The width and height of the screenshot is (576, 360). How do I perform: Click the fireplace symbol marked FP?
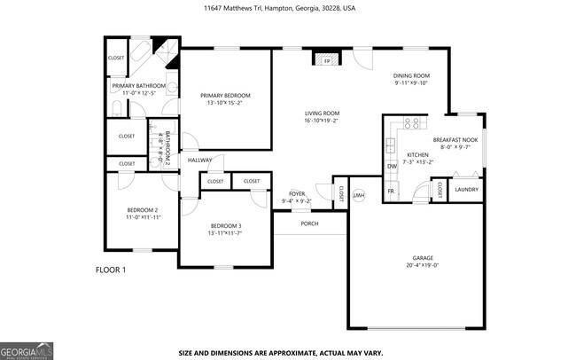(325, 62)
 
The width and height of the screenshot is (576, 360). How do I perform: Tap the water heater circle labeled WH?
(359, 195)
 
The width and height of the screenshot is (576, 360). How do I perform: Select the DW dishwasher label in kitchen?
(391, 166)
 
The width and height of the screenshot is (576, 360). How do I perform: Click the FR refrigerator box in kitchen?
(390, 191)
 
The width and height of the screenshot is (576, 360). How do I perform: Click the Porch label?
(309, 223)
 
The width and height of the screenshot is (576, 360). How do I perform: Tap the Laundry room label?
(466, 190)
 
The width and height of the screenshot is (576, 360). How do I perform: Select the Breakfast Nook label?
(455, 140)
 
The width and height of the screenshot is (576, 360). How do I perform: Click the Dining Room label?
(411, 75)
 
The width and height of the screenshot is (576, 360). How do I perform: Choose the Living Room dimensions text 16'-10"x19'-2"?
(322, 121)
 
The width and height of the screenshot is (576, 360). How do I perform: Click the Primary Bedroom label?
(225, 96)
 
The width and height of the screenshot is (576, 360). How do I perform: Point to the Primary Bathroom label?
(134, 86)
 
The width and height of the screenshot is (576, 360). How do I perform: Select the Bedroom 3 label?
(225, 226)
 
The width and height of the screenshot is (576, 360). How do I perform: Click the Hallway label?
(198, 160)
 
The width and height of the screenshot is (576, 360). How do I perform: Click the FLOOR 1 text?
(111, 269)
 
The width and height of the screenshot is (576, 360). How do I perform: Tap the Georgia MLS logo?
(27, 350)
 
